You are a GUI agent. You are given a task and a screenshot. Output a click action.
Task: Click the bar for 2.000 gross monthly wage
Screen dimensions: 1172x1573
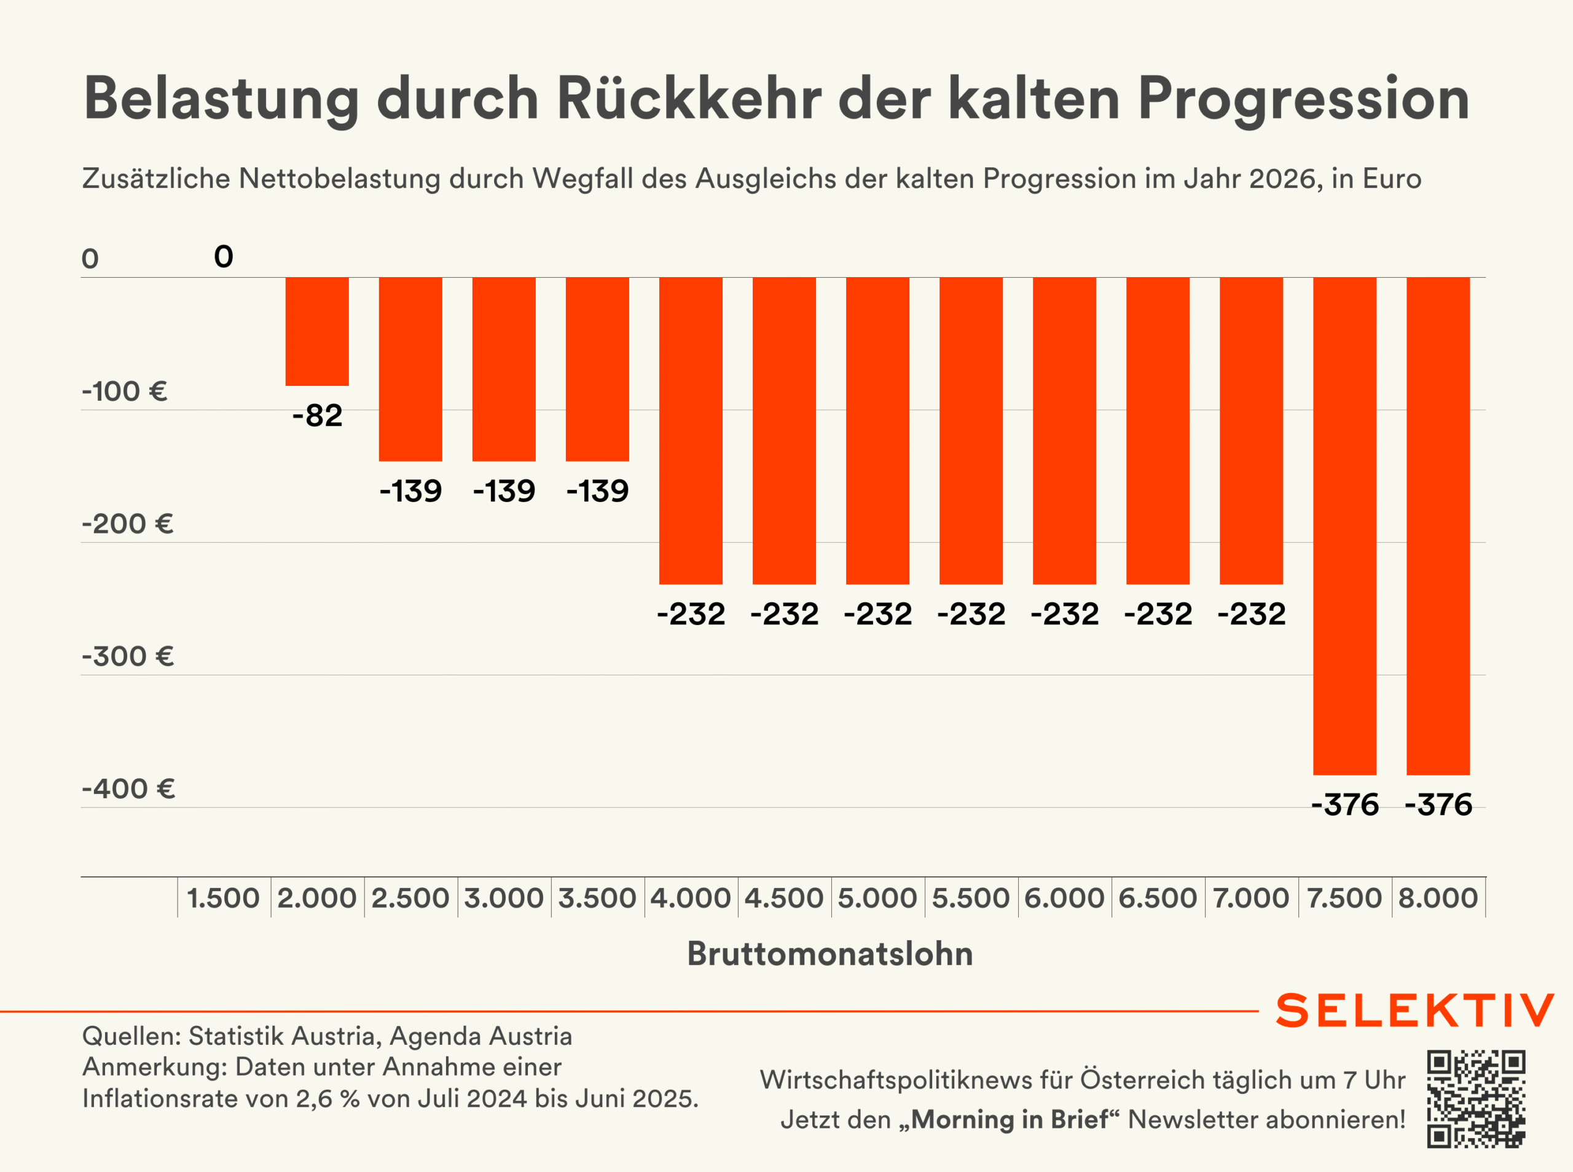tap(317, 331)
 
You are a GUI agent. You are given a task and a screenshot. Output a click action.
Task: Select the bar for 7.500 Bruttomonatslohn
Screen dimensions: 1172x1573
tap(1344, 525)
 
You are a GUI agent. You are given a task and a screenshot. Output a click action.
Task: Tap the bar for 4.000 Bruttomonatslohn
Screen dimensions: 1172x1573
tap(691, 431)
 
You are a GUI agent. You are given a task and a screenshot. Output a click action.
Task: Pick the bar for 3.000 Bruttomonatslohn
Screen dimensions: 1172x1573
tap(503, 369)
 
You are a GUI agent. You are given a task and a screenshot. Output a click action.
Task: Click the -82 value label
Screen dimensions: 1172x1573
tap(317, 415)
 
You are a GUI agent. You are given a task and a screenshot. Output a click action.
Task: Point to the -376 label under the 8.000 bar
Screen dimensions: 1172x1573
tap(1438, 804)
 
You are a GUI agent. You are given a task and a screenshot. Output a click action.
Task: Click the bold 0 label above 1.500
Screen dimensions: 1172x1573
tap(224, 257)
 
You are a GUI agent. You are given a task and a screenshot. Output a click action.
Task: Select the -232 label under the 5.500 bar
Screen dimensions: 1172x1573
tap(971, 614)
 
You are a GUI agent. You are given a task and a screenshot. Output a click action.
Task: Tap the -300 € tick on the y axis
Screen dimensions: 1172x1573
tap(128, 656)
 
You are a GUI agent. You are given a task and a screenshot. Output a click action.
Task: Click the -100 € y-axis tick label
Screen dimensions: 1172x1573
tap(125, 391)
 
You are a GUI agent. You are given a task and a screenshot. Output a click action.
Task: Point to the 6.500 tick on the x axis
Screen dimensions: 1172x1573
tap(1158, 898)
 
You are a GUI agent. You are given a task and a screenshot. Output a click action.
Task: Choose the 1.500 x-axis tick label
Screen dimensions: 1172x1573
tap(224, 898)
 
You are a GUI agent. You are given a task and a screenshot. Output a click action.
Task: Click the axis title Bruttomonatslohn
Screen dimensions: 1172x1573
tap(830, 953)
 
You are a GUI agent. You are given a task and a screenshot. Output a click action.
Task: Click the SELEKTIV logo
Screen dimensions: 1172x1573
tap(1415, 1010)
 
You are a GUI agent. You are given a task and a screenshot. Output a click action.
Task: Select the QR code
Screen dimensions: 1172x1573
tap(1476, 1099)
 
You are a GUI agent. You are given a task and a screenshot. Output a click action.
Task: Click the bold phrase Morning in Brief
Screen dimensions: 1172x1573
tap(1009, 1120)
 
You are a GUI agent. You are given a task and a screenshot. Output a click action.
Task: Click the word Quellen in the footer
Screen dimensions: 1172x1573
tap(131, 1036)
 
